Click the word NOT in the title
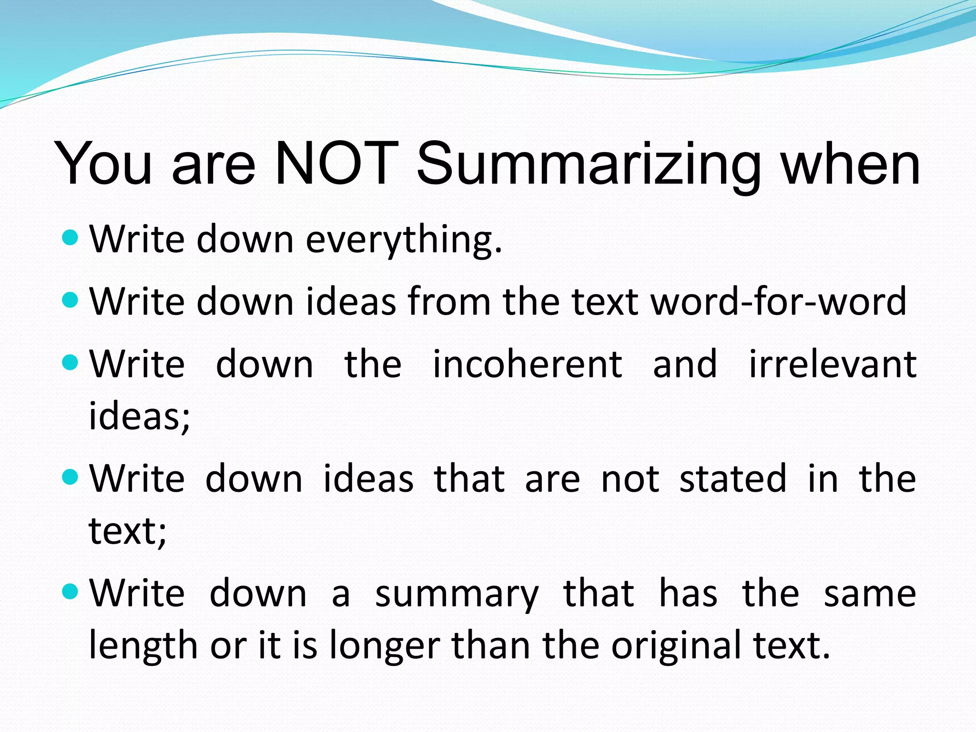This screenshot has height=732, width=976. click(336, 163)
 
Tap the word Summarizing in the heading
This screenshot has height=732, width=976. click(589, 164)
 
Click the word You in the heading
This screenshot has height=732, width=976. click(103, 163)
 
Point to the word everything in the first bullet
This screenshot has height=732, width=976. click(404, 239)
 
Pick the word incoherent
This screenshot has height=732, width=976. click(527, 364)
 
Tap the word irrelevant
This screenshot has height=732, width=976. click(833, 364)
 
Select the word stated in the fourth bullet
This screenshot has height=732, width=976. click(733, 478)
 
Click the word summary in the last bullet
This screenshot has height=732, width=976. click(457, 594)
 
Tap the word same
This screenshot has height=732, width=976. click(870, 594)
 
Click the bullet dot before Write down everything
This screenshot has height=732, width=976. click(70, 237)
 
